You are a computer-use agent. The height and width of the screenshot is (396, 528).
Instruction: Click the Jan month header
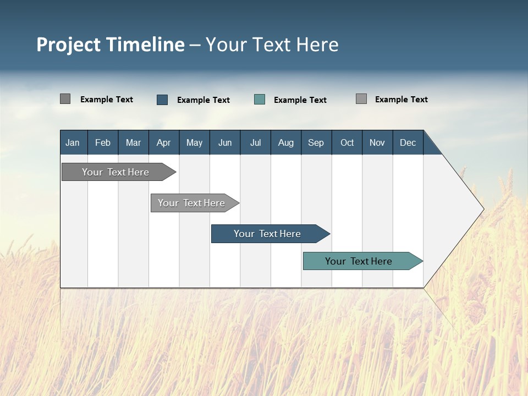[x=73, y=142]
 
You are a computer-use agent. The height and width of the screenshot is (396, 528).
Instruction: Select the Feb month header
[x=103, y=142]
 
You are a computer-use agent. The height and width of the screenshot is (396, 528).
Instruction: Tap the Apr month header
[x=163, y=142]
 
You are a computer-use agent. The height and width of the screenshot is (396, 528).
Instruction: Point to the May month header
[x=194, y=142]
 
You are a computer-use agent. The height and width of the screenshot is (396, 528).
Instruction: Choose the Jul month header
[x=255, y=142]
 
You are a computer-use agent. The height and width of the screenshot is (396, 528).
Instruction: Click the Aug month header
[x=285, y=142]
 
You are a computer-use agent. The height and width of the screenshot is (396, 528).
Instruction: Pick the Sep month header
[x=316, y=142]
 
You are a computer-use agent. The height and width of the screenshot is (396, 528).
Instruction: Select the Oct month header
[x=347, y=142]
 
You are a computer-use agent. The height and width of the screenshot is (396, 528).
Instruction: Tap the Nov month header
[x=377, y=142]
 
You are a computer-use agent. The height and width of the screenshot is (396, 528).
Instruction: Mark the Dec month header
[x=408, y=142]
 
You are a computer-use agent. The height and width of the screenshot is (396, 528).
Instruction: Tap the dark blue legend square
[x=162, y=100]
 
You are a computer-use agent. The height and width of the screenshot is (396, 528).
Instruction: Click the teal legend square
[x=260, y=100]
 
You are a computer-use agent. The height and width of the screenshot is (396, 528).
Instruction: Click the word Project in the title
[x=69, y=45]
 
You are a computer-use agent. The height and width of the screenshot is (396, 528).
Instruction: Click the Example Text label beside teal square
[x=300, y=100]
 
